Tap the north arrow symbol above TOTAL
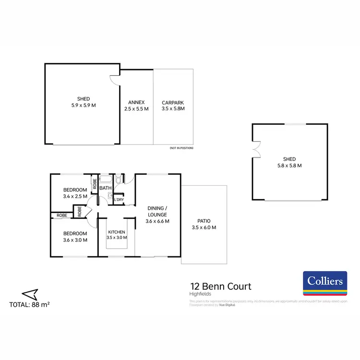pyautogui.click(x=29, y=293)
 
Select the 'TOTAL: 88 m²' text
pyautogui.click(x=30, y=304)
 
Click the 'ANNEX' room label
pyautogui.click(x=136, y=103)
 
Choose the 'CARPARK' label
pyautogui.click(x=173, y=103)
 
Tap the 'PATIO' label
pyautogui.click(x=204, y=221)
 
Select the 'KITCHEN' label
pyautogui.click(x=117, y=232)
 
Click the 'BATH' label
pyautogui.click(x=106, y=188)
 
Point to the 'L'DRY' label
pyautogui.click(x=118, y=200)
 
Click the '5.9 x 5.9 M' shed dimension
pyautogui.click(x=84, y=105)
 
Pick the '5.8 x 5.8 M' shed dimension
pyautogui.click(x=289, y=165)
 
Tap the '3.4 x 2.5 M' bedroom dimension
pyautogui.click(x=75, y=196)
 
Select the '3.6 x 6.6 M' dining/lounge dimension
pyautogui.click(x=157, y=221)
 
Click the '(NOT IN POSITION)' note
pyautogui.click(x=181, y=148)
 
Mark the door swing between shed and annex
pyautogui.click(x=115, y=80)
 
